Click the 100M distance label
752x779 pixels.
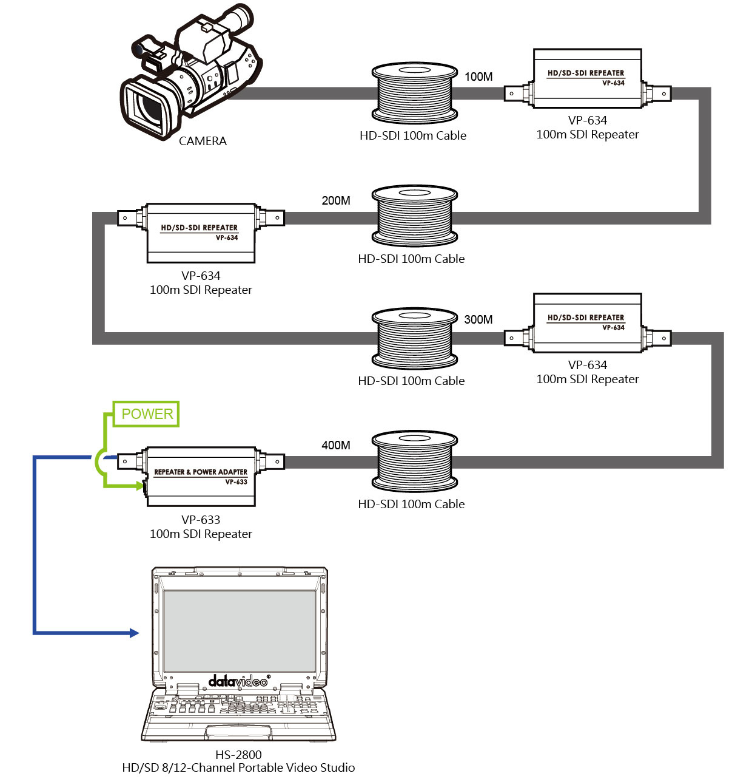(478, 77)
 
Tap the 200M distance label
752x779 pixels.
(336, 201)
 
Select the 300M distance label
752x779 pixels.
(478, 320)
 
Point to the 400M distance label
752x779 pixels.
(336, 446)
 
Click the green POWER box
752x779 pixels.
(146, 414)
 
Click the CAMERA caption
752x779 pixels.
(203, 141)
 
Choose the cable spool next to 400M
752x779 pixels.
(414, 461)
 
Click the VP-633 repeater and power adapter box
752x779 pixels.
(201, 477)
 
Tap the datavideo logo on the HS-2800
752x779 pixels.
(238, 681)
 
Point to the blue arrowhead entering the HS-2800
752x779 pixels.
(134, 633)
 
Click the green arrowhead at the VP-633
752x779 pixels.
(141, 486)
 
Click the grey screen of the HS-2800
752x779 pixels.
(240, 631)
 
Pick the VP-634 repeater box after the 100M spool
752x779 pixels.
(587, 79)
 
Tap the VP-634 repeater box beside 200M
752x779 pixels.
(201, 233)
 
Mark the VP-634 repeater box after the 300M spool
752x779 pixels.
(587, 323)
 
